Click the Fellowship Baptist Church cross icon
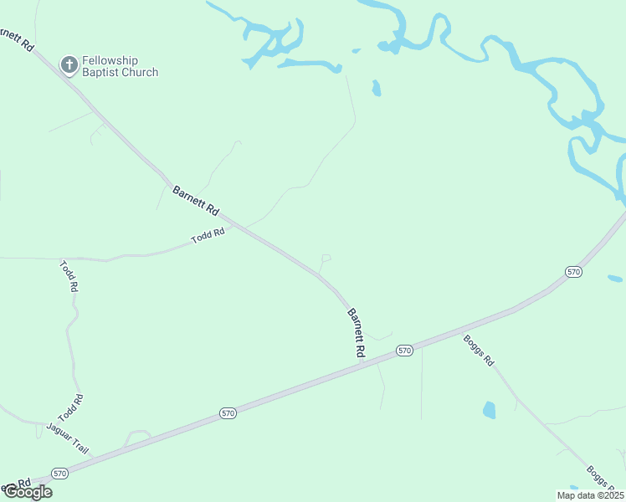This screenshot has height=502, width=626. (69, 63)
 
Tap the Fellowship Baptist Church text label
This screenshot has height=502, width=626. (121, 67)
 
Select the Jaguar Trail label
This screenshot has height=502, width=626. (67, 438)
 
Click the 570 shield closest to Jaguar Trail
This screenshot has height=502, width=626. (59, 473)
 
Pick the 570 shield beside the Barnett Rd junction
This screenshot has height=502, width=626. (405, 351)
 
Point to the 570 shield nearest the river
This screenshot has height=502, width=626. (572, 272)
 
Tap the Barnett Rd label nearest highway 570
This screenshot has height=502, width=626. (357, 334)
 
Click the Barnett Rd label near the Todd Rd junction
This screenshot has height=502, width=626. (195, 201)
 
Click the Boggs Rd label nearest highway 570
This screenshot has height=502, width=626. (479, 351)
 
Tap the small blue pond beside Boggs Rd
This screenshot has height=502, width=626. (489, 410)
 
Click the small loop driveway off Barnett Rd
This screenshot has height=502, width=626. (326, 258)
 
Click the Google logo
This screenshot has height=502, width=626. (28, 492)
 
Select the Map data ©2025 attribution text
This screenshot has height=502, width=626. (589, 495)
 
